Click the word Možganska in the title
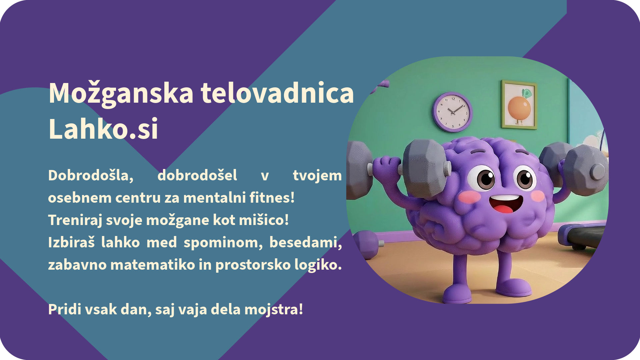click(121, 94)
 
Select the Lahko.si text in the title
click(103, 129)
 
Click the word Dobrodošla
click(91, 175)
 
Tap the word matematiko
click(153, 265)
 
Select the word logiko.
click(318, 265)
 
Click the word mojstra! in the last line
click(274, 310)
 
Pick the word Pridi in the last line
click(65, 309)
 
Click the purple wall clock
click(452, 112)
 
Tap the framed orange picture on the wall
click(519, 105)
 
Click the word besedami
click(305, 242)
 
